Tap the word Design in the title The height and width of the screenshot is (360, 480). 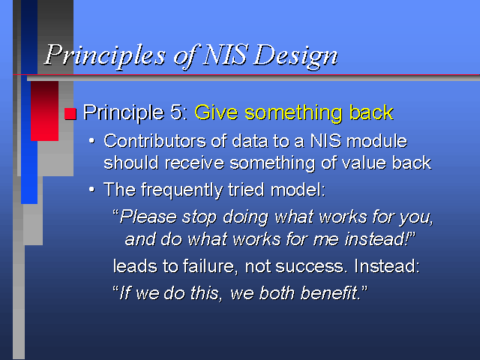coord(295,55)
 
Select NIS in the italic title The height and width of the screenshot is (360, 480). coord(225,55)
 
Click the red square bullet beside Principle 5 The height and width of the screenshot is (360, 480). coord(70,113)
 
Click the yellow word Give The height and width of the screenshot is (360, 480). coord(216,112)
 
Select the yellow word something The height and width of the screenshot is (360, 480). coord(293,113)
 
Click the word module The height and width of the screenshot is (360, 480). coord(377,141)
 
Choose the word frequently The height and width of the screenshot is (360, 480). coord(182,190)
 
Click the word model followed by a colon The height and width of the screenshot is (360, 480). coord(298,190)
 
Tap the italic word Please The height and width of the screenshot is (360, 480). coord(148,217)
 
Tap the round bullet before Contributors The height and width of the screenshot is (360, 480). coord(91,141)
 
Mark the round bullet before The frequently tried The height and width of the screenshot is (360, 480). coord(91,190)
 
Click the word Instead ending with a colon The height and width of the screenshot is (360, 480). coord(387,266)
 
